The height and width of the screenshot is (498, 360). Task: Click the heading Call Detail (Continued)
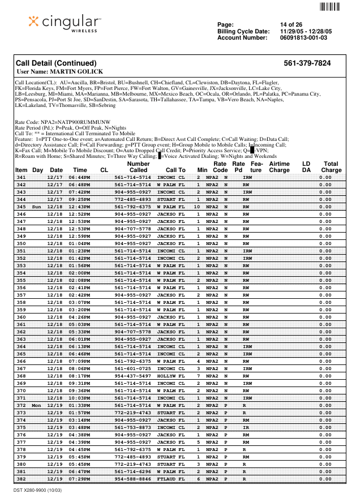[56, 63]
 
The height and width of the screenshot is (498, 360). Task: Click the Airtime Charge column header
[279, 167]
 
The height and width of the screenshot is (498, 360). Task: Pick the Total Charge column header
[331, 167]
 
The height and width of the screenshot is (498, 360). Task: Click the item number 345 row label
[22, 207]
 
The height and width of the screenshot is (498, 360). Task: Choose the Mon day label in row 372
[37, 405]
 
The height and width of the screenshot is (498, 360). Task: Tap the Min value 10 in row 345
[197, 207]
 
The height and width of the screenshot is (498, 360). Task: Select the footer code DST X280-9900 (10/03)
[38, 491]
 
